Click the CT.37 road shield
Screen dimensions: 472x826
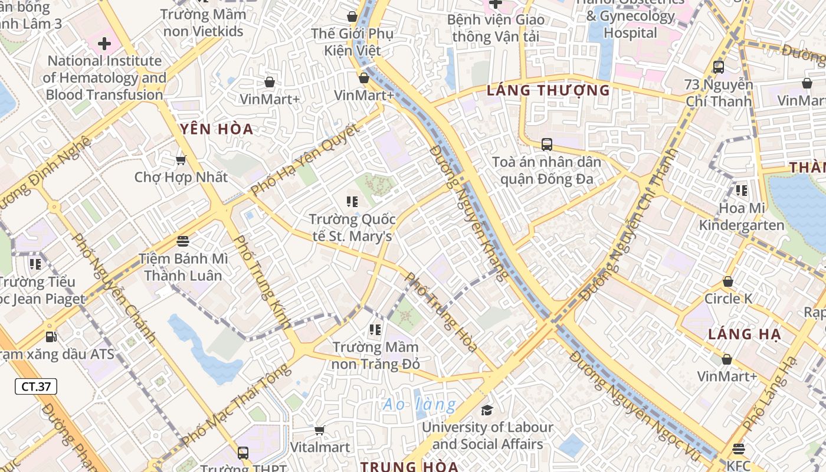pyautogui.click(x=36, y=386)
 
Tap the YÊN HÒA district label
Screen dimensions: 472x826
pyautogui.click(x=217, y=129)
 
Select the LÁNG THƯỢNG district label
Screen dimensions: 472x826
pyautogui.click(x=548, y=90)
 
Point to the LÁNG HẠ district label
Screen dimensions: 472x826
pyautogui.click(x=745, y=334)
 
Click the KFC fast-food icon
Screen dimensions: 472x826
pyautogui.click(x=738, y=449)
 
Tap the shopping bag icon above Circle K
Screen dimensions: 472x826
pyautogui.click(x=728, y=281)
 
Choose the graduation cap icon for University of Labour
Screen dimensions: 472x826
pyautogui.click(x=487, y=410)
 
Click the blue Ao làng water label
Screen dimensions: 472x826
pyautogui.click(x=419, y=405)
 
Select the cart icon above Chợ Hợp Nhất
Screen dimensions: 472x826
pyautogui.click(x=181, y=160)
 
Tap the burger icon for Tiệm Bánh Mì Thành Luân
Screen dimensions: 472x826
pyautogui.click(x=183, y=241)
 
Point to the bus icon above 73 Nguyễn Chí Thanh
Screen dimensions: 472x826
pyautogui.click(x=718, y=67)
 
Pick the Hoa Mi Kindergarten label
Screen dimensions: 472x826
pyautogui.click(x=742, y=217)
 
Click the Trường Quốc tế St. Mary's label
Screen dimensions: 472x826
pyautogui.click(x=352, y=228)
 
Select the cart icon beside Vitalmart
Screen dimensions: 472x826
pyautogui.click(x=320, y=431)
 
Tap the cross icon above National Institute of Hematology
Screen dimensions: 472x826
pyautogui.click(x=104, y=44)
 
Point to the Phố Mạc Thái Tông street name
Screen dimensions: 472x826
pyautogui.click(x=236, y=406)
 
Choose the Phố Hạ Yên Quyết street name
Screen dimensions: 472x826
pyautogui.click(x=304, y=159)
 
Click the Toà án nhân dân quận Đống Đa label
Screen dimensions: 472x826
pyautogui.click(x=546, y=170)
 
